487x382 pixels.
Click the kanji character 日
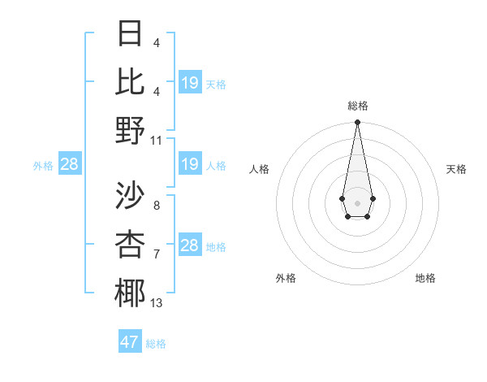(x=131, y=34)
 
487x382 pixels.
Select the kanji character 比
(x=131, y=81)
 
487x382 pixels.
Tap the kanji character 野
(x=131, y=130)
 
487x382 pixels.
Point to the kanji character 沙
(x=131, y=196)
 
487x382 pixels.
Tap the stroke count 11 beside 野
(x=157, y=140)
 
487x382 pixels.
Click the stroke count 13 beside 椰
(x=157, y=303)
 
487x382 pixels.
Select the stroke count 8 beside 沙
(x=157, y=206)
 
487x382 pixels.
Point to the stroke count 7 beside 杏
(x=157, y=254)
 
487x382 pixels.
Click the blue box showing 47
(x=130, y=342)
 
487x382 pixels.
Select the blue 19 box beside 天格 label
(x=189, y=83)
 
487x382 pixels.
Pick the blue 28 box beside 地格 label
(x=189, y=245)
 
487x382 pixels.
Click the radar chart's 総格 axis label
(x=357, y=106)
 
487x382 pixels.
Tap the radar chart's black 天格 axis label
(x=456, y=169)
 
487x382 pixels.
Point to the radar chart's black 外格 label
(x=286, y=278)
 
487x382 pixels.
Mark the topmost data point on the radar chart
(x=357, y=123)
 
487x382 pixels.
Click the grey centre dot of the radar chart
(x=357, y=202)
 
